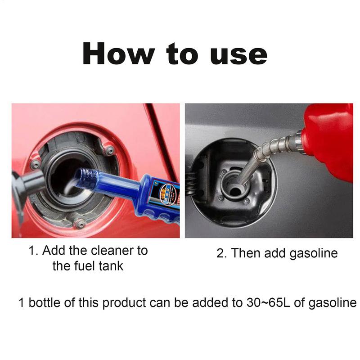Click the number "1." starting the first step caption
(34, 251)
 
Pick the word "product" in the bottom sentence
(125, 302)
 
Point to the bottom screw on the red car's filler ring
(80, 223)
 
